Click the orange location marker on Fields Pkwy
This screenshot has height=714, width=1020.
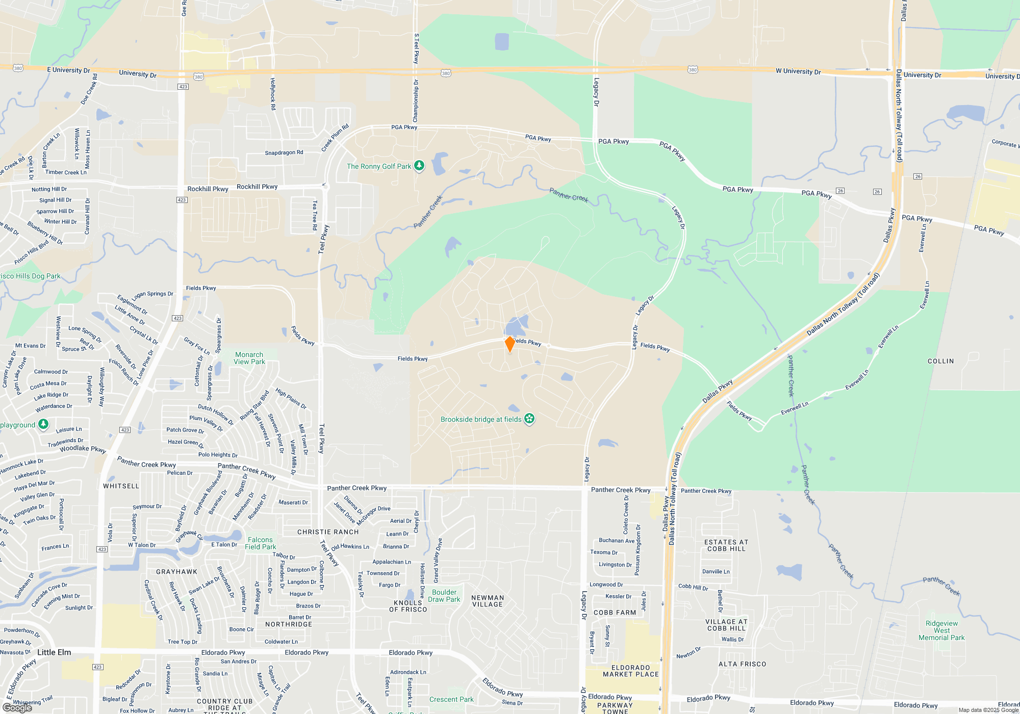509,344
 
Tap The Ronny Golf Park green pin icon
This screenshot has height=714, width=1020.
419,166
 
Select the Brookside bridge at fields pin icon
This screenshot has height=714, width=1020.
529,419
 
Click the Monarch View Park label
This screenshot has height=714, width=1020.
249,358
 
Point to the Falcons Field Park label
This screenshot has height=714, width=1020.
260,543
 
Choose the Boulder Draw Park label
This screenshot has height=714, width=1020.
444,596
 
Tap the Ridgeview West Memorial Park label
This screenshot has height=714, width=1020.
941,630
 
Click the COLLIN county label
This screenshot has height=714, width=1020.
940,361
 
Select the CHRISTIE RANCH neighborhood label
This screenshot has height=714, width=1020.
328,532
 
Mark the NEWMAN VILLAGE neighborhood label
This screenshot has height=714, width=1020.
488,601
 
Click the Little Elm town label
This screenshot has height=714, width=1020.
54,652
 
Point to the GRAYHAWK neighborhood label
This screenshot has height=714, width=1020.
176,572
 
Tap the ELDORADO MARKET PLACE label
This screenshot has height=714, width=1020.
630,671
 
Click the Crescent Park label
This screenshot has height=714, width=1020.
451,699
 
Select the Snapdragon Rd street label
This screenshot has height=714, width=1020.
284,152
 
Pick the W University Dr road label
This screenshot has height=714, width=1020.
798,71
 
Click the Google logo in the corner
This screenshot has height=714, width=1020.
17,707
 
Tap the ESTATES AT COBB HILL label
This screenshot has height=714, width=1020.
726,545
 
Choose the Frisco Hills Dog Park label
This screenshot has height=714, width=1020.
31,276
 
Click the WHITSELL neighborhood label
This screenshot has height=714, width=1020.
121,486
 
